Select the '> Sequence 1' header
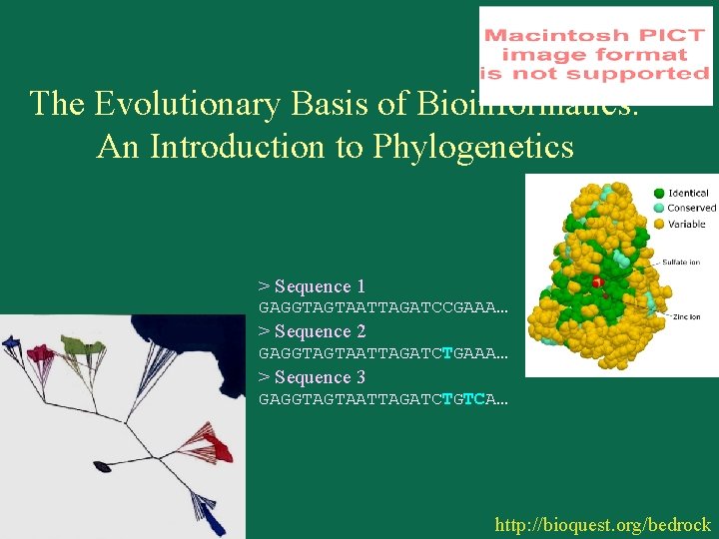[312, 286]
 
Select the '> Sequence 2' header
[312, 331]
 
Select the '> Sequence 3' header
[312, 377]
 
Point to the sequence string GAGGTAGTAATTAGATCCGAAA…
[383, 307]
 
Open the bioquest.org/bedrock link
[602, 524]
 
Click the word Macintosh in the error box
[539, 35]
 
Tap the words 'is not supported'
[594, 74]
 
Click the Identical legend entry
[687, 193]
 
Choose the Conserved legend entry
[690, 208]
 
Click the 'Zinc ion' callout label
[685, 316]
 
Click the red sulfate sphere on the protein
[596, 283]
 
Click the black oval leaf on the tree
[102, 466]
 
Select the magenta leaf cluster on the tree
[40, 353]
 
